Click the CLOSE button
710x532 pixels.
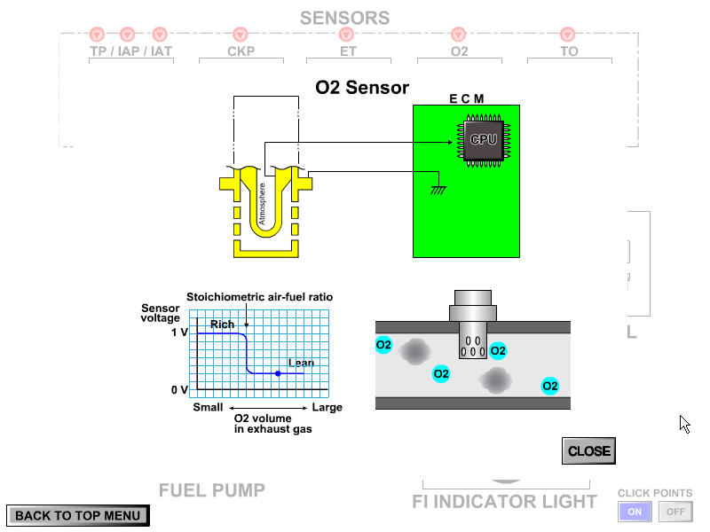click(588, 450)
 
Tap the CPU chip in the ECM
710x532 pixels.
click(483, 140)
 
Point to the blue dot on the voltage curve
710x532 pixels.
click(278, 374)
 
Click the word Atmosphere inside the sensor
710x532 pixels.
click(262, 203)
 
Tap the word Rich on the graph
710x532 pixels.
click(223, 325)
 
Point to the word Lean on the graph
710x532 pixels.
click(301, 363)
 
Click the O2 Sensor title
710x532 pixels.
click(362, 87)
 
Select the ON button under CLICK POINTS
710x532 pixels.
click(635, 512)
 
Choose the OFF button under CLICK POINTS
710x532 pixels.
click(675, 512)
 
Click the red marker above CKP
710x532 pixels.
click(241, 35)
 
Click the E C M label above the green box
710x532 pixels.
click(466, 98)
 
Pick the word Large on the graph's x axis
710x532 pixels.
click(327, 408)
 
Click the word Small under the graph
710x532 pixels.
click(208, 408)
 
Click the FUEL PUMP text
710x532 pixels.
click(212, 490)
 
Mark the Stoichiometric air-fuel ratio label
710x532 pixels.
click(259, 297)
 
